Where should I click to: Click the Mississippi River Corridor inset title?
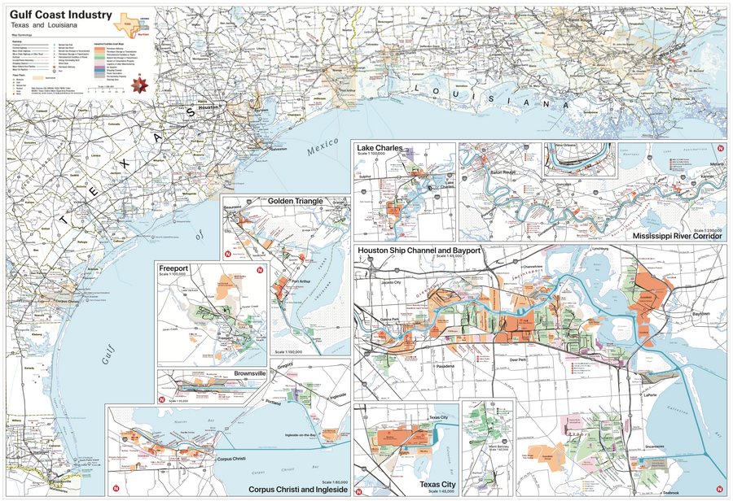click(677, 236)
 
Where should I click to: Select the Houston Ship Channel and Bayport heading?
click(419, 250)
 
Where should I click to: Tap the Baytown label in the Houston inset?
click(700, 313)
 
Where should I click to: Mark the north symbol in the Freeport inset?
click(260, 270)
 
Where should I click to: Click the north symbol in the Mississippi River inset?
click(719, 149)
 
